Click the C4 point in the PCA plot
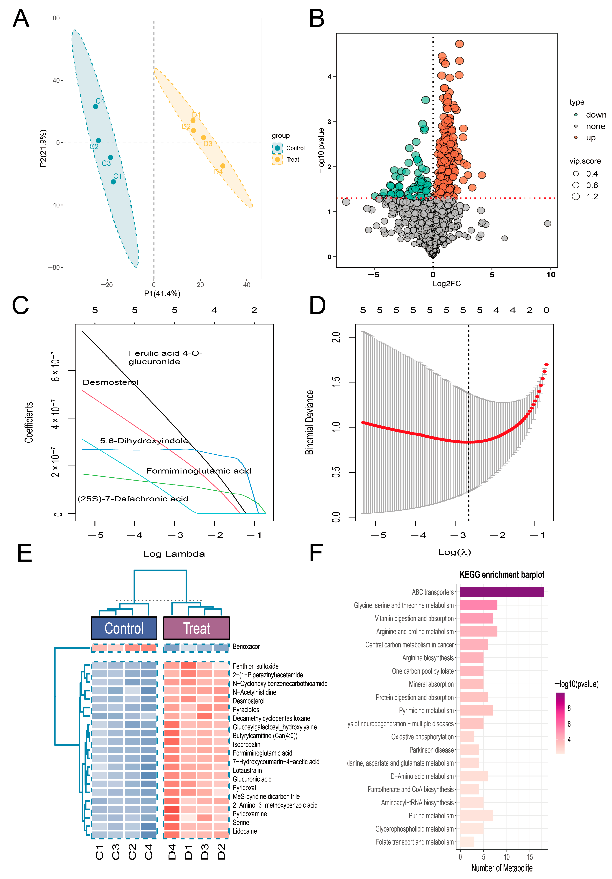pyautogui.click(x=96, y=106)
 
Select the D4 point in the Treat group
pyautogui.click(x=222, y=166)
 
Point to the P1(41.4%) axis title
pyautogui.click(x=162, y=294)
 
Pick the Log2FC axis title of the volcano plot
pyautogui.click(x=447, y=284)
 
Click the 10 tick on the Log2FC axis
pyautogui.click(x=550, y=275)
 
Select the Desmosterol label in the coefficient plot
pyautogui.click(x=111, y=382)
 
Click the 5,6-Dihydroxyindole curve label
pyautogui.click(x=144, y=441)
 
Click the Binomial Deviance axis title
pyautogui.click(x=309, y=422)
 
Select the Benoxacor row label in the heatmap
pyautogui.click(x=246, y=647)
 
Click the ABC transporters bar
pyautogui.click(x=501, y=592)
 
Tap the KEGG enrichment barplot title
pyautogui.click(x=502, y=575)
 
